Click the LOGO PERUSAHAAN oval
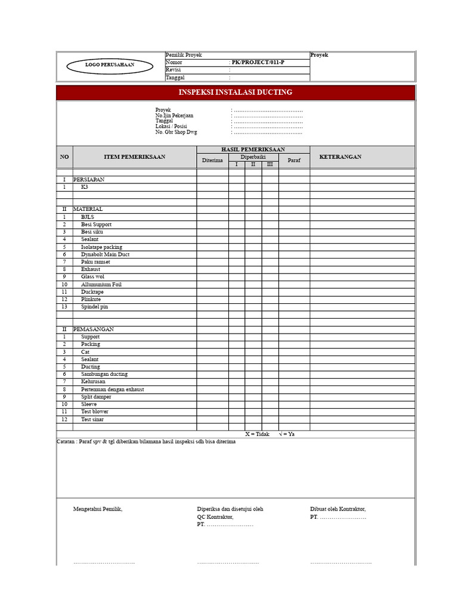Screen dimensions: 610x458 pyautogui.click(x=110, y=65)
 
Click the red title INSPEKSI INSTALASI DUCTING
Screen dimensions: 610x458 pyautogui.click(x=236, y=92)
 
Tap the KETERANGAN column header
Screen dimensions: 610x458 pyautogui.click(x=340, y=157)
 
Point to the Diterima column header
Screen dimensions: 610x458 pyautogui.click(x=212, y=160)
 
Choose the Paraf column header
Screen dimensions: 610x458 pyautogui.click(x=294, y=160)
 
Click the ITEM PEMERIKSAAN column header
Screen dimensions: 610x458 pyautogui.click(x=134, y=157)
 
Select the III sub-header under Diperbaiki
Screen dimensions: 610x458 pyautogui.click(x=270, y=164)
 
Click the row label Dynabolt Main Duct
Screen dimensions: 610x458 pyautogui.click(x=105, y=254)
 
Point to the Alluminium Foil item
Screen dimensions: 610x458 pyautogui.click(x=101, y=285)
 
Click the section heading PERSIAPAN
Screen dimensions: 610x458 pyautogui.click(x=89, y=179)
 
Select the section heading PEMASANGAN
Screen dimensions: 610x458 pyautogui.click(x=93, y=329)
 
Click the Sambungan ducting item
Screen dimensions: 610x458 pyautogui.click(x=104, y=374)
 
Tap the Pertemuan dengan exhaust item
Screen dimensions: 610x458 pyautogui.click(x=112, y=390)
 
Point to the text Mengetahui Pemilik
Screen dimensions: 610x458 pyautogui.click(x=98, y=509)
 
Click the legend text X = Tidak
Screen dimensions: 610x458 pyautogui.click(x=258, y=434)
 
